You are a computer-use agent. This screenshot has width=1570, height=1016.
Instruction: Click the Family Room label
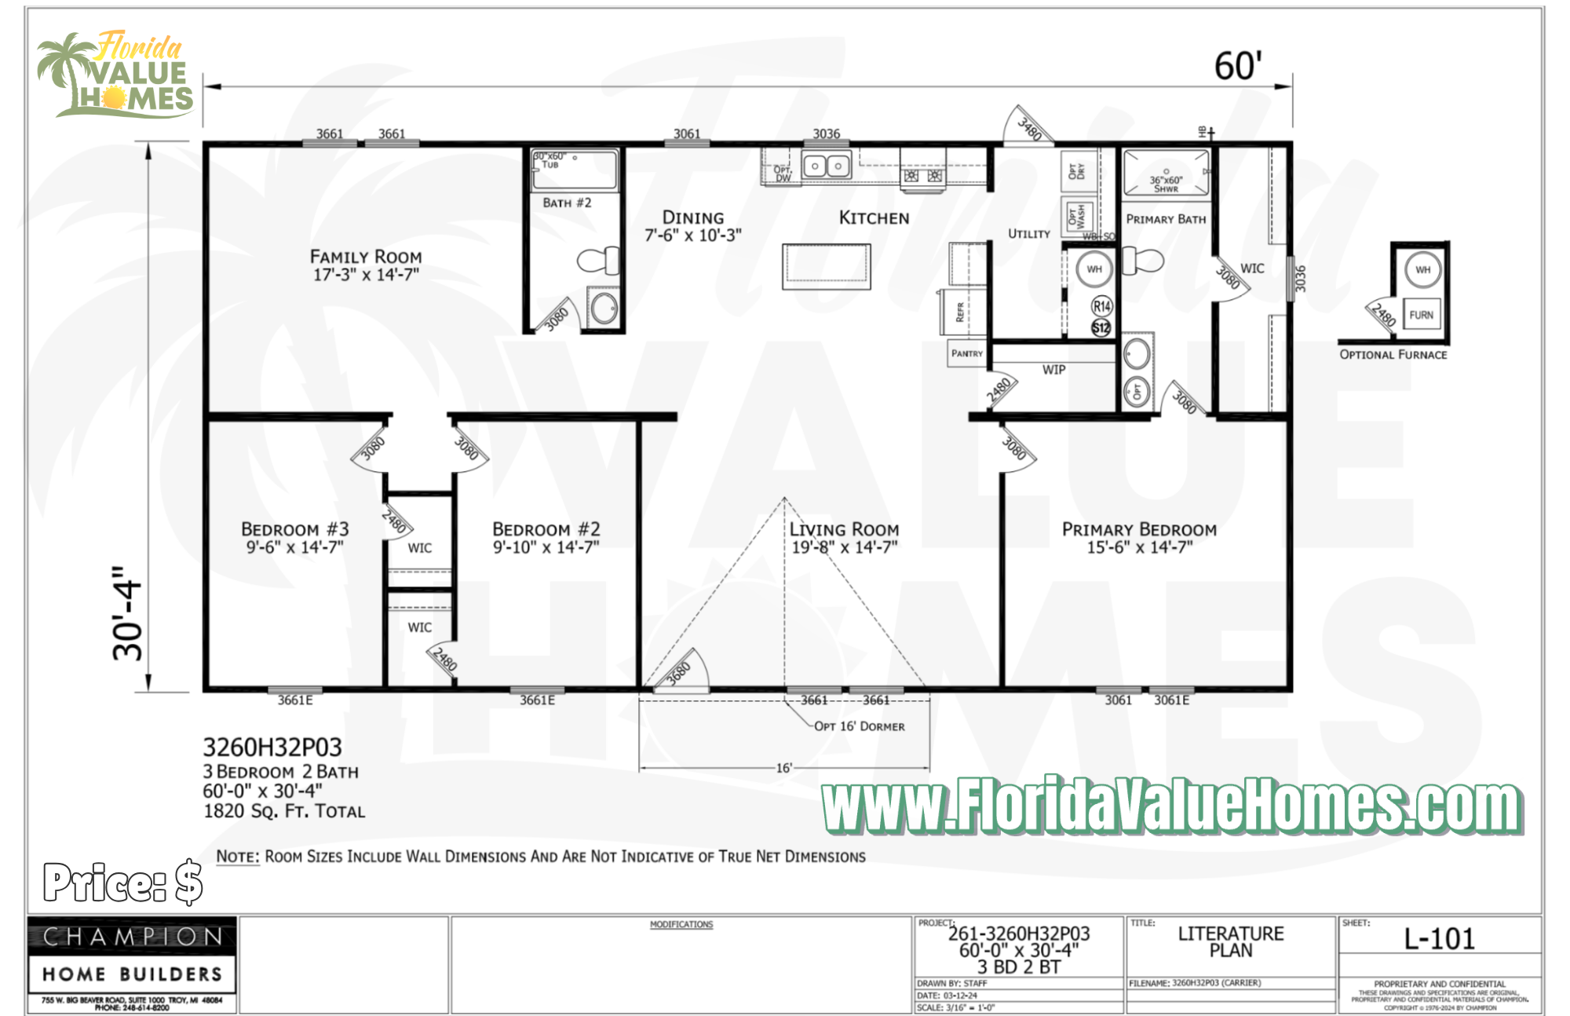[366, 258]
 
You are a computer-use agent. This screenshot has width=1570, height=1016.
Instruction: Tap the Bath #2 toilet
[599, 261]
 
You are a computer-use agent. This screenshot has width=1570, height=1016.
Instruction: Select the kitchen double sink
[827, 166]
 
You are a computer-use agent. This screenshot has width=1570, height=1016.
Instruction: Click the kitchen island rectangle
[826, 266]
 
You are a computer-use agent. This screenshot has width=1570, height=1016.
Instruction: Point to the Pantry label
[966, 353]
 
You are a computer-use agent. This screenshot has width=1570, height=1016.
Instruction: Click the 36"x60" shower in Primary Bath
[1166, 172]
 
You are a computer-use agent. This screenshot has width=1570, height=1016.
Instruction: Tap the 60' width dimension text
[1238, 67]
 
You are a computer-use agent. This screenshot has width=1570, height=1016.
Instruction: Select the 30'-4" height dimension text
[128, 613]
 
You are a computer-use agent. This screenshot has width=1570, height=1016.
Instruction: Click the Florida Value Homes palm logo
[115, 75]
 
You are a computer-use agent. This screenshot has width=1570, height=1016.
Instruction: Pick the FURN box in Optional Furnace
[1421, 315]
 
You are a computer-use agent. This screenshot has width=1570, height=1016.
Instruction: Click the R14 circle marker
[1101, 306]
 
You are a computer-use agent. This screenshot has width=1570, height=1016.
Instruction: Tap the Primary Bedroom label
[1139, 530]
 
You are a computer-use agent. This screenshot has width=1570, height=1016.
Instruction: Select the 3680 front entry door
[678, 671]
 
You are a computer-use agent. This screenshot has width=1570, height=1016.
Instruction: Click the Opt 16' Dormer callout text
[859, 726]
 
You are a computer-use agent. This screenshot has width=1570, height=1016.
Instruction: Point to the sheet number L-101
[1439, 939]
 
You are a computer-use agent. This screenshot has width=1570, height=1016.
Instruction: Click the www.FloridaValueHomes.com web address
[1171, 806]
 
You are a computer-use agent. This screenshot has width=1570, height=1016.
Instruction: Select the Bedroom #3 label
[294, 530]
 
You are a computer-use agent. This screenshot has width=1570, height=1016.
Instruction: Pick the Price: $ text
[123, 882]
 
